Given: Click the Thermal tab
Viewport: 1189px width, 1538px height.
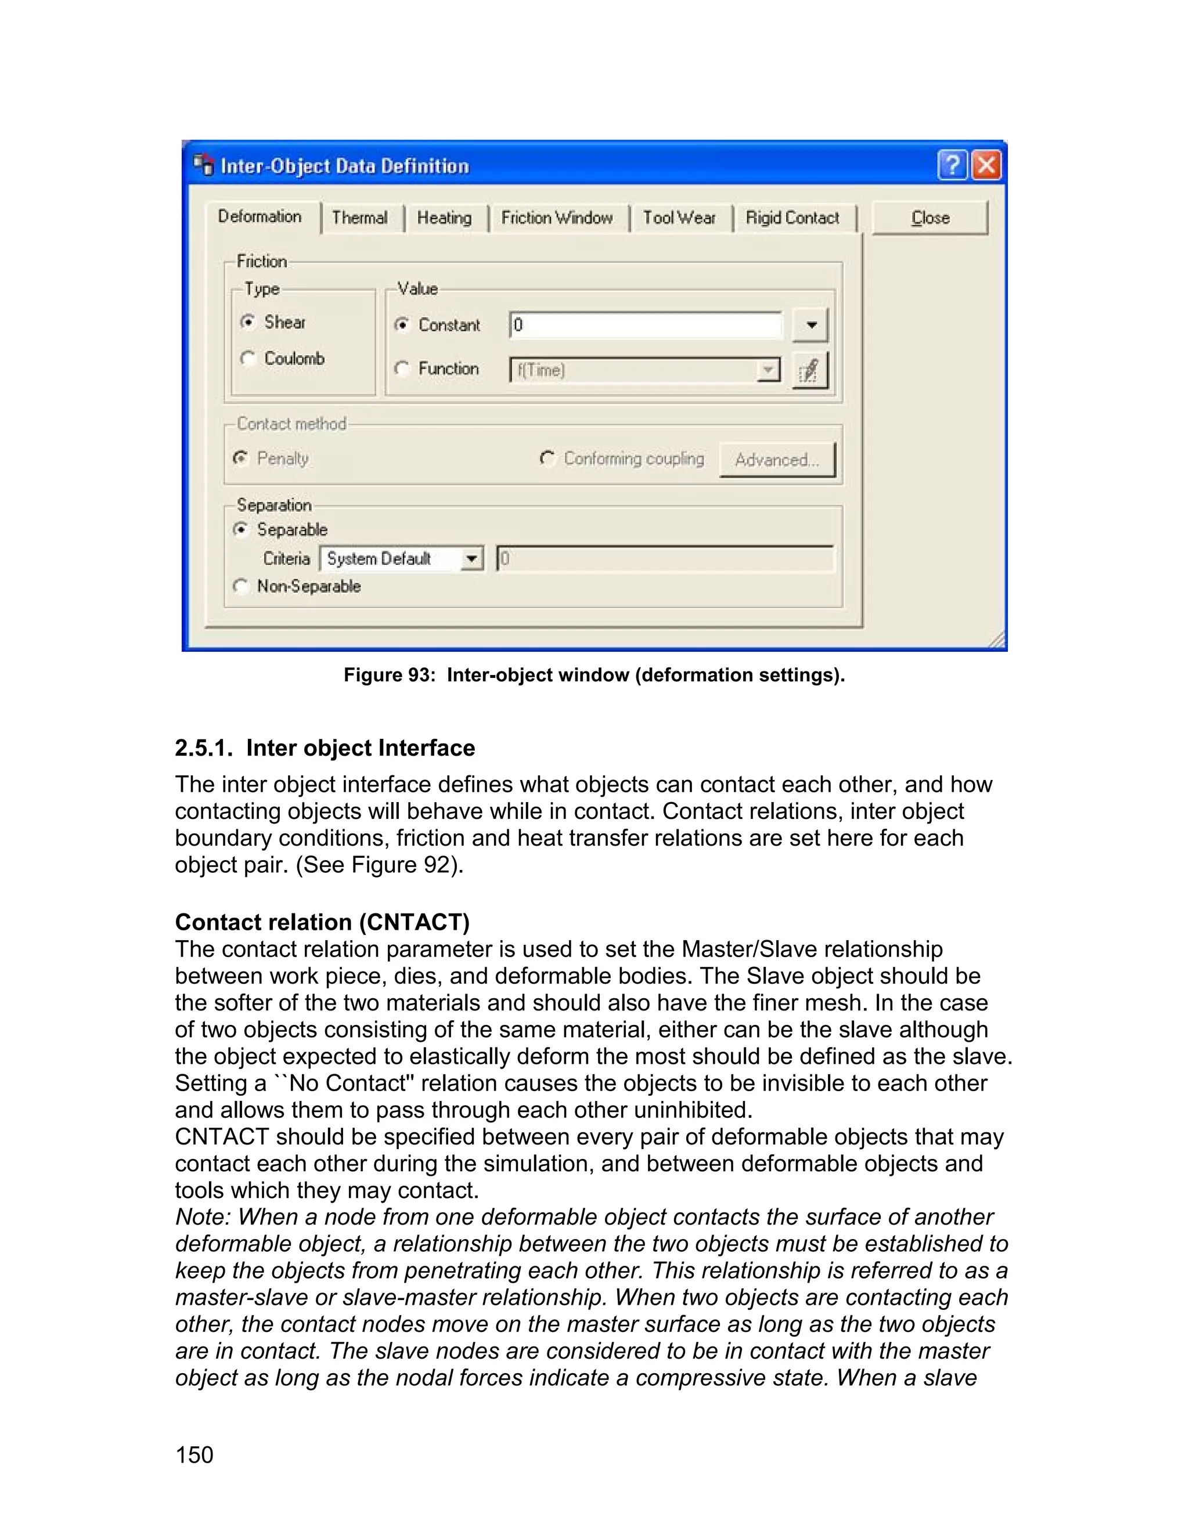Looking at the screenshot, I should click(x=360, y=218).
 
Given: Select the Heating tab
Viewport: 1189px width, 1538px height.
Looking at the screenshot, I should click(x=445, y=218).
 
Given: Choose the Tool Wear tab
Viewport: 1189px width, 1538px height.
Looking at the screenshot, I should click(x=679, y=218).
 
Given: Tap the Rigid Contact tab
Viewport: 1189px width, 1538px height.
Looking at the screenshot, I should click(x=792, y=218).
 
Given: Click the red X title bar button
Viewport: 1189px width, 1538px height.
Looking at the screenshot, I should click(x=986, y=165).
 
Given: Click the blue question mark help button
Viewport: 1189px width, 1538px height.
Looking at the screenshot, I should click(x=952, y=165).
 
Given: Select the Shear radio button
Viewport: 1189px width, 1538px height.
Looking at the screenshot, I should click(x=247, y=322).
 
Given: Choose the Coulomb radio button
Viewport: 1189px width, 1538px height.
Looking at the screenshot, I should click(x=247, y=359).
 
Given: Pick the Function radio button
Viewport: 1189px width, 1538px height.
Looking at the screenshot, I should click(x=402, y=369).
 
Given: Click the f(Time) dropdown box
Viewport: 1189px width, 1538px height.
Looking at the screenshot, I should click(x=644, y=370).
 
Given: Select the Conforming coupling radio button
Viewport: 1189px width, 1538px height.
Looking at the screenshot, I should click(x=547, y=458).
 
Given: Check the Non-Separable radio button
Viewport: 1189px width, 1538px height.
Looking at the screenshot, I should click(x=241, y=586).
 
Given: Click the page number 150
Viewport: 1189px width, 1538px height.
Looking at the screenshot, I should click(x=194, y=1455).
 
